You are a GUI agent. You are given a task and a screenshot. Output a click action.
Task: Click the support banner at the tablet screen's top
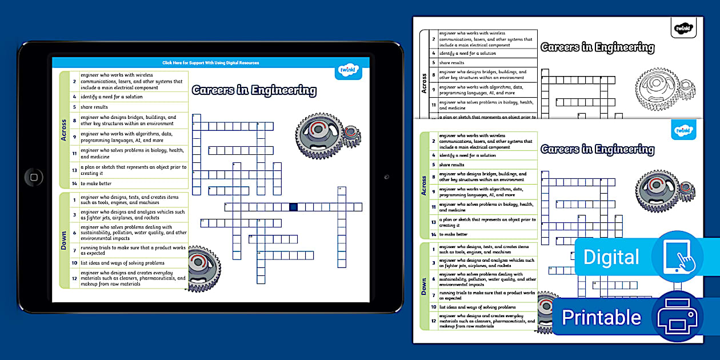tap(210, 63)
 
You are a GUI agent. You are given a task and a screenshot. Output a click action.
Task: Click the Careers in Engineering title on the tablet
tap(254, 90)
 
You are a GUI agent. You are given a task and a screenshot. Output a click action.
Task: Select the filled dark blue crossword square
tap(293, 207)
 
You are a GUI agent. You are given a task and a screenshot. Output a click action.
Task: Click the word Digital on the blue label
tap(611, 258)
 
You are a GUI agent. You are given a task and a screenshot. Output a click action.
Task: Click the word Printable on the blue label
tap(601, 318)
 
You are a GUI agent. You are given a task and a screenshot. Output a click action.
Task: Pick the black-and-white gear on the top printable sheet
tap(663, 89)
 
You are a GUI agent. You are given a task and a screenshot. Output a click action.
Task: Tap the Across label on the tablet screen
tap(64, 130)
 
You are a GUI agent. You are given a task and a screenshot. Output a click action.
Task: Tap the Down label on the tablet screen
tap(64, 240)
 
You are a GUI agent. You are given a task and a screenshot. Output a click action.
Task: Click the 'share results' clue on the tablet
tap(94, 107)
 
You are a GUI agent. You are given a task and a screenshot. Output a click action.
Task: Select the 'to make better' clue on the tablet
tap(96, 183)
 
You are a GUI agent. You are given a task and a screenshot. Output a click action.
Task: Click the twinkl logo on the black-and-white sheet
tap(683, 27)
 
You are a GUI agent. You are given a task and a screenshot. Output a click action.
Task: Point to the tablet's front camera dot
tap(386, 177)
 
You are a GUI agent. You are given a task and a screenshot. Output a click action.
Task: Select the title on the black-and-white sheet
tap(597, 47)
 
